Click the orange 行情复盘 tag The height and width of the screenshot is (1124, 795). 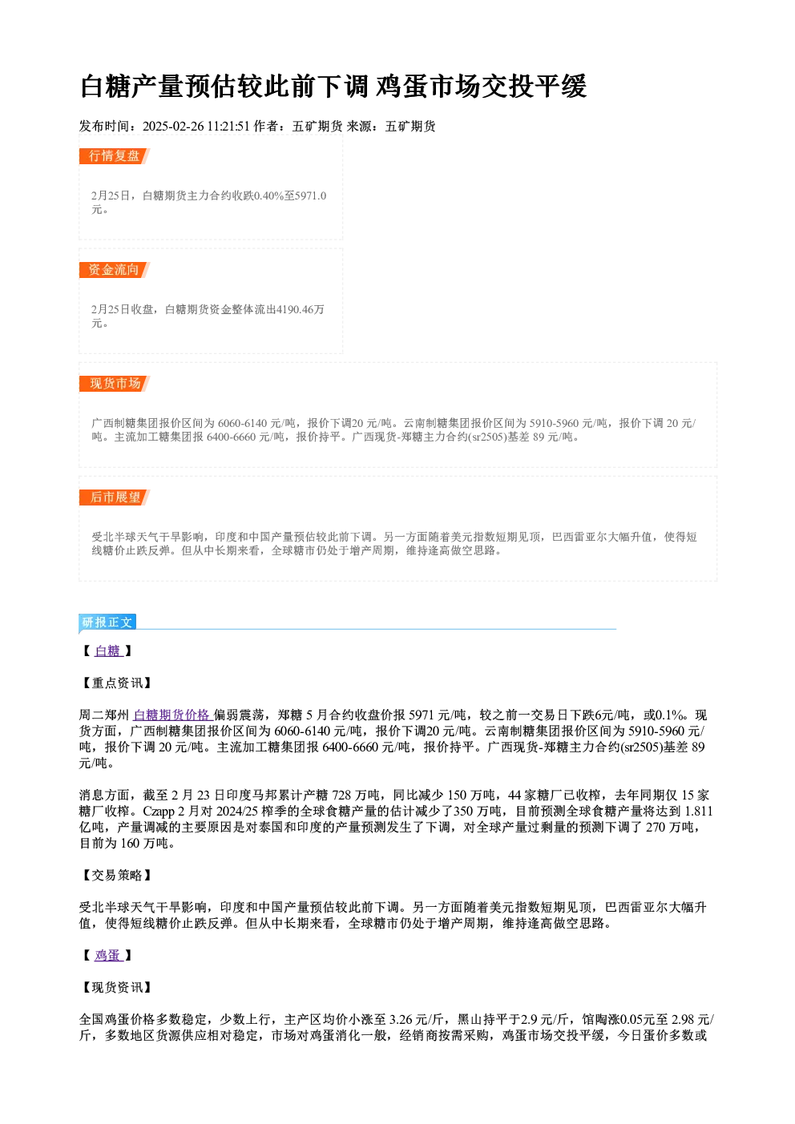pyautogui.click(x=114, y=156)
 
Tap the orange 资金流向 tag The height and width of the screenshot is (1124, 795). pyautogui.click(x=114, y=270)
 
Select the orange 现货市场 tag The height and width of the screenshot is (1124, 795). pyautogui.click(x=114, y=384)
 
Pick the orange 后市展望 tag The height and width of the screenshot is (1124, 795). pyautogui.click(x=114, y=498)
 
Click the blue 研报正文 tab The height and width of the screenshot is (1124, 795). pyautogui.click(x=107, y=622)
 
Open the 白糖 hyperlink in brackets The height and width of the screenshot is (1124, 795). pyautogui.click(x=108, y=651)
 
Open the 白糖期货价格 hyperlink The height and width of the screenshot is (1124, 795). pyautogui.click(x=172, y=715)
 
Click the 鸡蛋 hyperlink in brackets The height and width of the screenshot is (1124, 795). pyautogui.click(x=108, y=955)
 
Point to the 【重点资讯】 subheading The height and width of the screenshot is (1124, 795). pyautogui.click(x=115, y=683)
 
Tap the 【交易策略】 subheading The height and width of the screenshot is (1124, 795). pyautogui.click(x=115, y=875)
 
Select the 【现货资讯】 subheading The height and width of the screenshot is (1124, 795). pyautogui.click(x=115, y=987)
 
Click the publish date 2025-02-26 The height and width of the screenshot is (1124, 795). pyautogui.click(x=173, y=126)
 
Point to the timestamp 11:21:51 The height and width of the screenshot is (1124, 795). pyautogui.click(x=228, y=126)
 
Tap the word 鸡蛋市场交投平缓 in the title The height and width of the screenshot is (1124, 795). pyautogui.click(x=482, y=87)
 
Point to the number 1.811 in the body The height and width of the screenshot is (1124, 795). pyautogui.click(x=699, y=811)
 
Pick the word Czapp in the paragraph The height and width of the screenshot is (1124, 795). pyautogui.click(x=159, y=812)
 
